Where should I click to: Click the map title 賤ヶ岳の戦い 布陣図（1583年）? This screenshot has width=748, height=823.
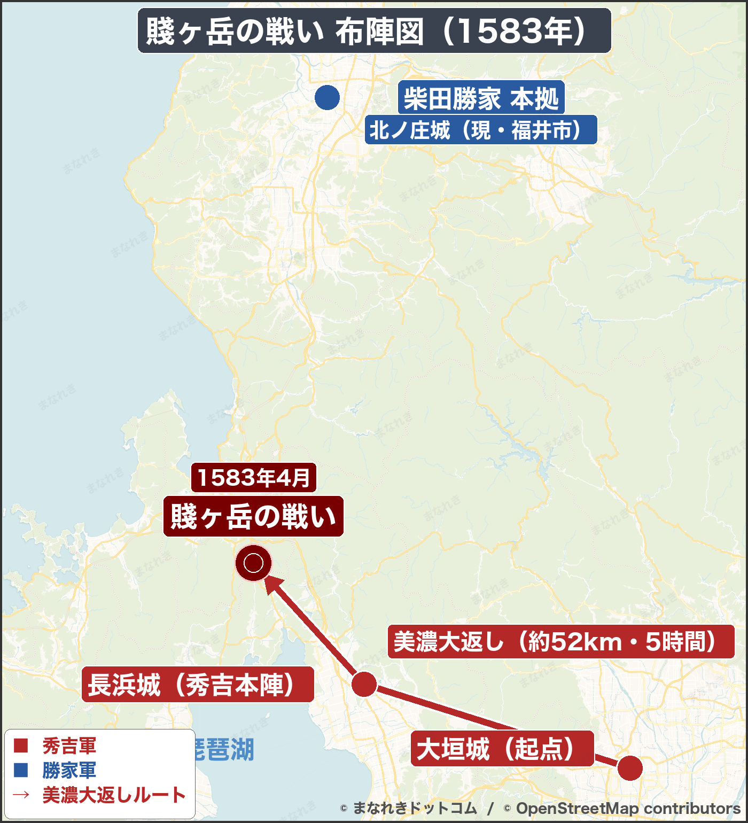pyautogui.click(x=374, y=31)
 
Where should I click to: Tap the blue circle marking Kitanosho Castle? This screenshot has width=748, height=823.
pyautogui.click(x=327, y=98)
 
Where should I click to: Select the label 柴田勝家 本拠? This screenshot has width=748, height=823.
pyautogui.click(x=481, y=99)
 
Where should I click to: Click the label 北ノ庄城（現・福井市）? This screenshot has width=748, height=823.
pyautogui.click(x=480, y=130)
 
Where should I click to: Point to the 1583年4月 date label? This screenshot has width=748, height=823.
pyautogui.click(x=254, y=477)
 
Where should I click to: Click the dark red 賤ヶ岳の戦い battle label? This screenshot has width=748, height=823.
pyautogui.click(x=253, y=516)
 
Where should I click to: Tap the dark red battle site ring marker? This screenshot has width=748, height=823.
pyautogui.click(x=254, y=563)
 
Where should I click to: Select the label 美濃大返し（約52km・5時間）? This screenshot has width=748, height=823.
pyautogui.click(x=560, y=641)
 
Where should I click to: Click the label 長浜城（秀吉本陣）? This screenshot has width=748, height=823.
pyautogui.click(x=198, y=685)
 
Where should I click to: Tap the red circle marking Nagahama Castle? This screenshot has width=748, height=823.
pyautogui.click(x=364, y=684)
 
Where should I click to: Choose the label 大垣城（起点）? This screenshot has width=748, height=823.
pyautogui.click(x=502, y=748)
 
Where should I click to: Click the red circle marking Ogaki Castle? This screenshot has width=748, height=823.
pyautogui.click(x=630, y=767)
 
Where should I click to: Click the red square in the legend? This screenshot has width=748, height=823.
pyautogui.click(x=21, y=746)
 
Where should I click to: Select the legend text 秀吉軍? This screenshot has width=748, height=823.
pyautogui.click(x=69, y=746)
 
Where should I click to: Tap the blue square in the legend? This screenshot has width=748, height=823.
pyautogui.click(x=21, y=770)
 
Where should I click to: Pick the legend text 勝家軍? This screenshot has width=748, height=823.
pyautogui.click(x=69, y=770)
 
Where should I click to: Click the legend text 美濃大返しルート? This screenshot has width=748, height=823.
pyautogui.click(x=114, y=795)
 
